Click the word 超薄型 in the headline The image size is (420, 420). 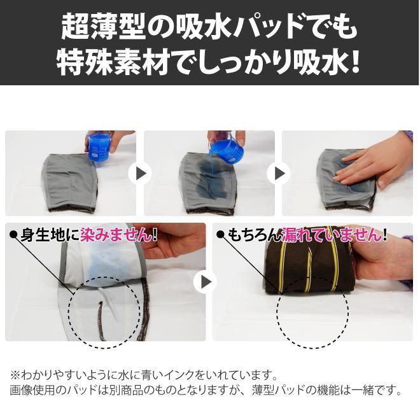click(x=103, y=27)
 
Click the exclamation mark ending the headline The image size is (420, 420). click(x=354, y=62)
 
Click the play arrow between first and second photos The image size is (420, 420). click(x=141, y=174)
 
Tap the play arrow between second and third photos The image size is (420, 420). click(x=279, y=174)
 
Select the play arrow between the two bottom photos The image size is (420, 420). click(x=205, y=282)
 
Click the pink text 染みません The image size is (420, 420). click(x=115, y=235)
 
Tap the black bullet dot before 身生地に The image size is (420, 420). click(x=13, y=235)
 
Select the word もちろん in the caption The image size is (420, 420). click(x=254, y=235)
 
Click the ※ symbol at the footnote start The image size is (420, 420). click(x=15, y=375)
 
